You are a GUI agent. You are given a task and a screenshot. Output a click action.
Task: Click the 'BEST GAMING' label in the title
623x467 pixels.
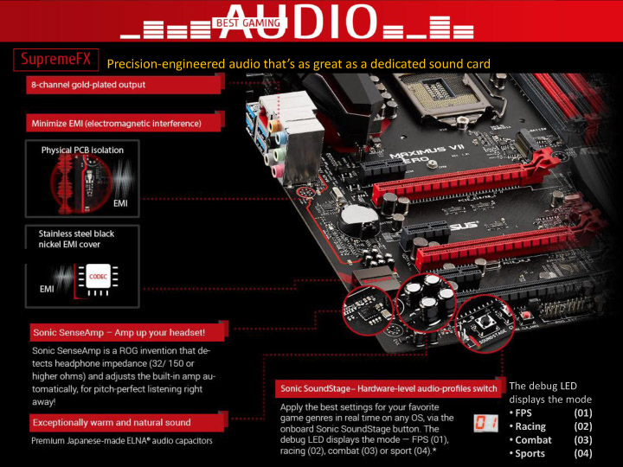coord(248,23)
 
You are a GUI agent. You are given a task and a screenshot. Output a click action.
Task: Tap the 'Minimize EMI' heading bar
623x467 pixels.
coord(116,124)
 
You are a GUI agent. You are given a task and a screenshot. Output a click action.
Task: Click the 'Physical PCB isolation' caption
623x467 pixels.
coord(82,150)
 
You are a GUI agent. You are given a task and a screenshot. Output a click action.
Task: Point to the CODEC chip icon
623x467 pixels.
coord(99,276)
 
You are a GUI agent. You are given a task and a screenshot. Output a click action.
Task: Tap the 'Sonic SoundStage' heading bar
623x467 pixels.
coord(388,389)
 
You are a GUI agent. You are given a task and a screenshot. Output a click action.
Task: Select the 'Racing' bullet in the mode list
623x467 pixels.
coord(530,426)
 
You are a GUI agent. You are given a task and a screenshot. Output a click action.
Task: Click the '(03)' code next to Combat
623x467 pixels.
coord(582,440)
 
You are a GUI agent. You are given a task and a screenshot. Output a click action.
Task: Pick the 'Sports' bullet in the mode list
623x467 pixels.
coord(530,453)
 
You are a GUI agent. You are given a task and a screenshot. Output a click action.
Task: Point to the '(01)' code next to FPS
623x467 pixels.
coord(582,413)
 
